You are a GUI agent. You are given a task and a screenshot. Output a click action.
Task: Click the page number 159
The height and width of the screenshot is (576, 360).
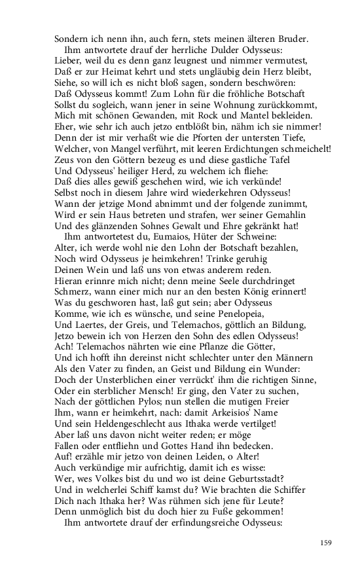pos(326,542)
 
